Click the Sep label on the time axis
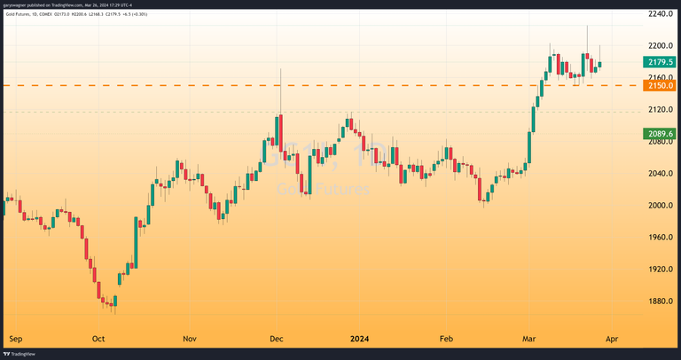pyautogui.click(x=15, y=339)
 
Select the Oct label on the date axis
pyautogui.click(x=98, y=339)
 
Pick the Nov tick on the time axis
pyautogui.click(x=189, y=339)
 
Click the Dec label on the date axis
pyautogui.click(x=277, y=339)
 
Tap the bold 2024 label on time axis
pyautogui.click(x=360, y=339)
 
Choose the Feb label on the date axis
pyautogui.click(x=447, y=339)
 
